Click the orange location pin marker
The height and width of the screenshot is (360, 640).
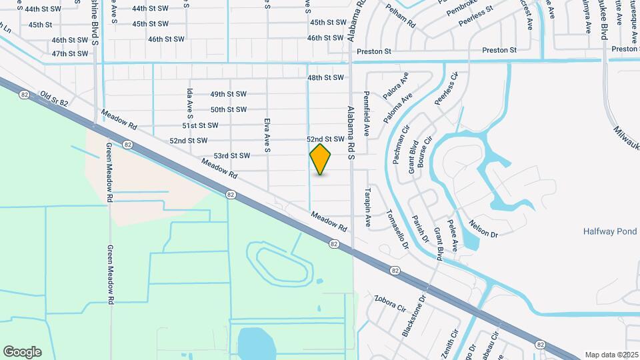pos(321,159)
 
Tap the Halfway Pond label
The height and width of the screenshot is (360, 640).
pos(610,231)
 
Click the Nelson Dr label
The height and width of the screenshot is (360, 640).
pos(484,229)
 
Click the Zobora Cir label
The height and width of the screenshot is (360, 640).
pos(390,303)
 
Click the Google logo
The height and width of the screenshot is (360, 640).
pos(22,351)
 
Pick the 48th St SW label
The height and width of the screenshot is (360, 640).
pos(326,78)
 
